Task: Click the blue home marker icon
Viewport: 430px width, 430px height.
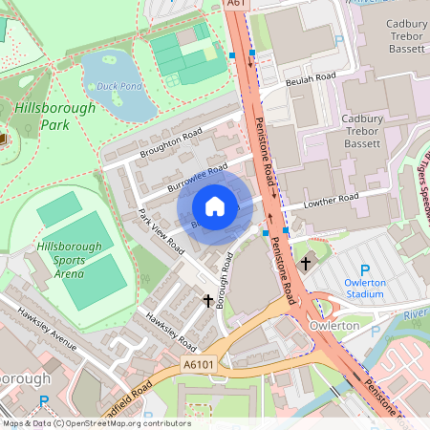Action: point(215,206)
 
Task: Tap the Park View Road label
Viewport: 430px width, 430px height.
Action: point(161,230)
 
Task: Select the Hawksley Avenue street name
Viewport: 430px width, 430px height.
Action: point(42,326)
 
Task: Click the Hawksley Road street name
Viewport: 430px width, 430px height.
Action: point(170,331)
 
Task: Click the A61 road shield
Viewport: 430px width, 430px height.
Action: point(238,5)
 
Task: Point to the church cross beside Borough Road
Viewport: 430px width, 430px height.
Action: point(208,301)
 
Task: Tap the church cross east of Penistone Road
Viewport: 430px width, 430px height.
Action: point(306,262)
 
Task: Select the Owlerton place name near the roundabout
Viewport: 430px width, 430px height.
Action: point(334,326)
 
